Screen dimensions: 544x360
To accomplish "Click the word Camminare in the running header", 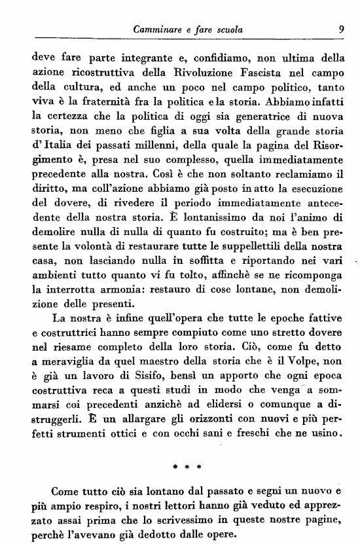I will tap(157, 28).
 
